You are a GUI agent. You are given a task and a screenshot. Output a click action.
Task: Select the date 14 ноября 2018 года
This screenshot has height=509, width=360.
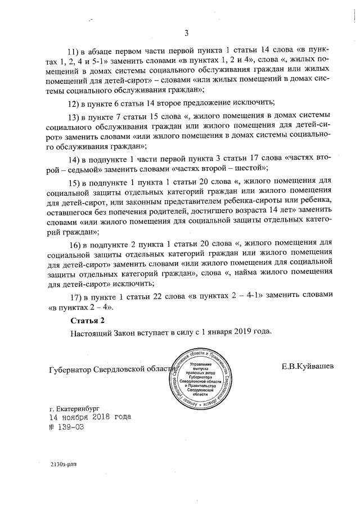[x=82, y=417]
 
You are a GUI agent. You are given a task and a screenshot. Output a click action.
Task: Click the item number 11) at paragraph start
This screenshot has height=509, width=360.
[x=75, y=51]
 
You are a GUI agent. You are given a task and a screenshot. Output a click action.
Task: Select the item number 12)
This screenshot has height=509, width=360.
[x=75, y=103]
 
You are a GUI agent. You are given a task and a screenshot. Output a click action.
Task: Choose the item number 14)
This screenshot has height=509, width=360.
[x=75, y=159]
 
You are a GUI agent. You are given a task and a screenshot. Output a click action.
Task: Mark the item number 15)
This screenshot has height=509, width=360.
[x=75, y=184]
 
